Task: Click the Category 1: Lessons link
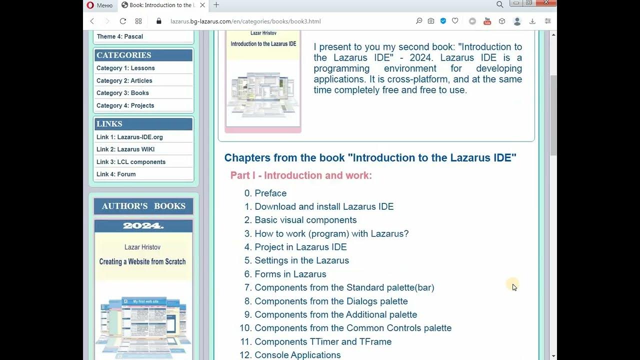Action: (125, 68)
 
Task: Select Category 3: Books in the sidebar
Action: (122, 93)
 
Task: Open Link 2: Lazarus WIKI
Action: (125, 149)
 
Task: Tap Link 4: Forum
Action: (116, 174)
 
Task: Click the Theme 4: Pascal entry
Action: (120, 36)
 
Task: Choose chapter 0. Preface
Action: (270, 193)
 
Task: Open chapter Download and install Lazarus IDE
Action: (324, 206)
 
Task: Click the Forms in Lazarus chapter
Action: (290, 274)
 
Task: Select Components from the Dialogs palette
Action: (331, 301)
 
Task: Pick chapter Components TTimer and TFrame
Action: (323, 341)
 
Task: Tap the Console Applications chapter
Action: (297, 355)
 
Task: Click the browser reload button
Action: (123, 21)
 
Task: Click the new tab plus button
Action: (216, 5)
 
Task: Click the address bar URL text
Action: (245, 21)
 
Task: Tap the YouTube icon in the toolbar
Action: (487, 21)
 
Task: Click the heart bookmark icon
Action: (455, 21)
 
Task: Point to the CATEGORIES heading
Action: (123, 55)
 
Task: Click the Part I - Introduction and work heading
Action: (301, 175)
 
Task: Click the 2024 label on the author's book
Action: (143, 226)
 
